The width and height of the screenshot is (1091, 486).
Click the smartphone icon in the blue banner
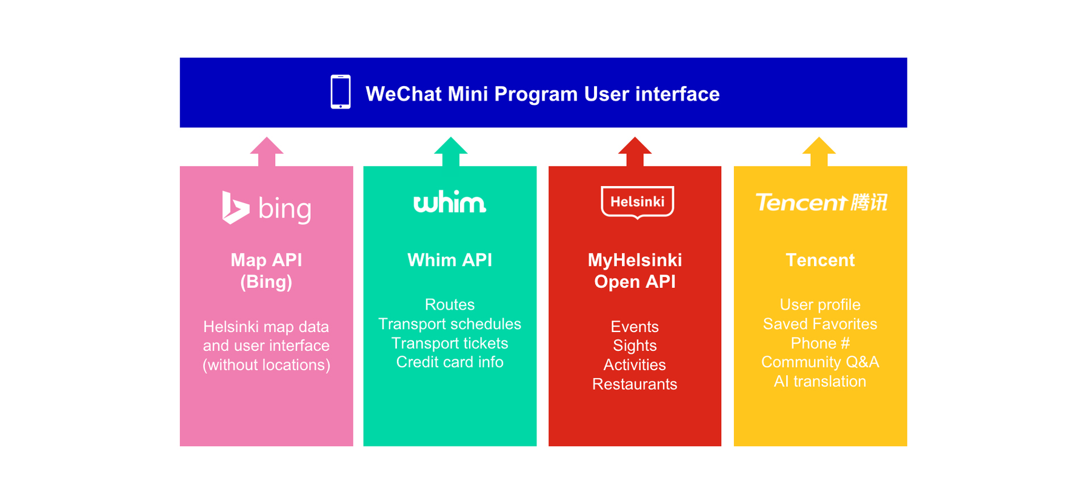click(x=341, y=92)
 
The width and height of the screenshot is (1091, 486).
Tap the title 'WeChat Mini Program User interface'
click(x=542, y=94)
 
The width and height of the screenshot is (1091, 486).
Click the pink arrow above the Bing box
click(x=267, y=151)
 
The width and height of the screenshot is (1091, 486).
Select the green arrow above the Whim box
click(x=450, y=151)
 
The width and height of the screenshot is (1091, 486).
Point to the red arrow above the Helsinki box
click(x=635, y=151)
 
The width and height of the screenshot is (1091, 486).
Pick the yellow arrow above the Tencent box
click(x=819, y=151)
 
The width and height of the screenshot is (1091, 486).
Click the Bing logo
click(x=267, y=208)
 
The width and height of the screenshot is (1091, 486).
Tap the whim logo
click(x=450, y=202)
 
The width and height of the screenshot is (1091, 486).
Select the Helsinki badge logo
click(x=637, y=202)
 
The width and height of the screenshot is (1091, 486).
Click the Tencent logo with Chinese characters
click(x=821, y=202)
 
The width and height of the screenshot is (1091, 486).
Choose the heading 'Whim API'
click(x=450, y=260)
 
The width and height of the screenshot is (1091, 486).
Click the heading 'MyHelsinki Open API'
click(x=635, y=271)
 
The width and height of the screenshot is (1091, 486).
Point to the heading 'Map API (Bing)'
click(x=266, y=271)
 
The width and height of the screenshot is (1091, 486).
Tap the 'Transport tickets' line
click(x=450, y=343)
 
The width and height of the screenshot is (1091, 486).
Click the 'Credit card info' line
click(x=450, y=362)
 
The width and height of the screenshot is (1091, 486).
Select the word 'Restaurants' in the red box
click(x=635, y=384)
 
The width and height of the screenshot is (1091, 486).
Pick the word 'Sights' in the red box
click(x=635, y=346)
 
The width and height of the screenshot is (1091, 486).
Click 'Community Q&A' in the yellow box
click(x=820, y=362)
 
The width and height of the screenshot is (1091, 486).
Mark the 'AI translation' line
click(x=820, y=381)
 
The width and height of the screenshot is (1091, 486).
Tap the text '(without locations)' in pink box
click(x=267, y=365)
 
